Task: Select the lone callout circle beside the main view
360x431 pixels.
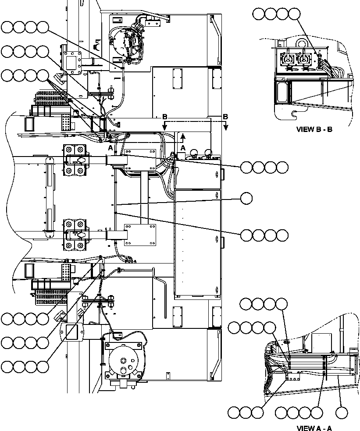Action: point(246,199)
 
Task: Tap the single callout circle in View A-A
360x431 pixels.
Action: point(342,413)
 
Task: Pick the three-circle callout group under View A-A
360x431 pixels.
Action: point(246,413)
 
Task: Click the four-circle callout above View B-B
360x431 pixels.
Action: point(276,14)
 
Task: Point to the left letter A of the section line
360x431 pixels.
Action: point(110,149)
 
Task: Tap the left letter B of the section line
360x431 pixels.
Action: point(164,117)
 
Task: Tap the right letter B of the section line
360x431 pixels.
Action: point(225,117)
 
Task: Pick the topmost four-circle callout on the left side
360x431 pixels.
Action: point(25,28)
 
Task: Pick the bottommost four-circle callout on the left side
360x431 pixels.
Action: point(25,366)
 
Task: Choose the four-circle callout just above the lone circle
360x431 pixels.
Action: point(264,167)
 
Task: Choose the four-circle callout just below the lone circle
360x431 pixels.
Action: point(264,235)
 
